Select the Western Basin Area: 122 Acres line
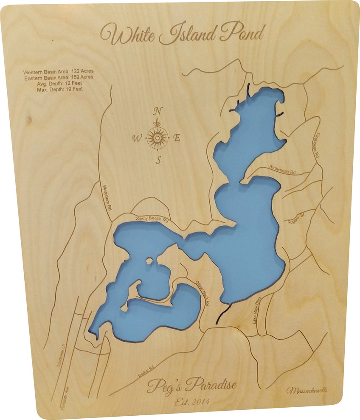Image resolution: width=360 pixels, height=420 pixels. click(x=59, y=71)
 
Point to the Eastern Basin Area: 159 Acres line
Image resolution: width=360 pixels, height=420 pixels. click(x=59, y=77)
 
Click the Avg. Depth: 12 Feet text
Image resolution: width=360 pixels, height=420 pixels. click(x=59, y=83)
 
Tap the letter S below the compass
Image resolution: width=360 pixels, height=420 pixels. click(x=158, y=160)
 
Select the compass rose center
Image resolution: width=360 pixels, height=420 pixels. click(x=157, y=137)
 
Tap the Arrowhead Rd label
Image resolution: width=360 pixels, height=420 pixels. click(x=282, y=169)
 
